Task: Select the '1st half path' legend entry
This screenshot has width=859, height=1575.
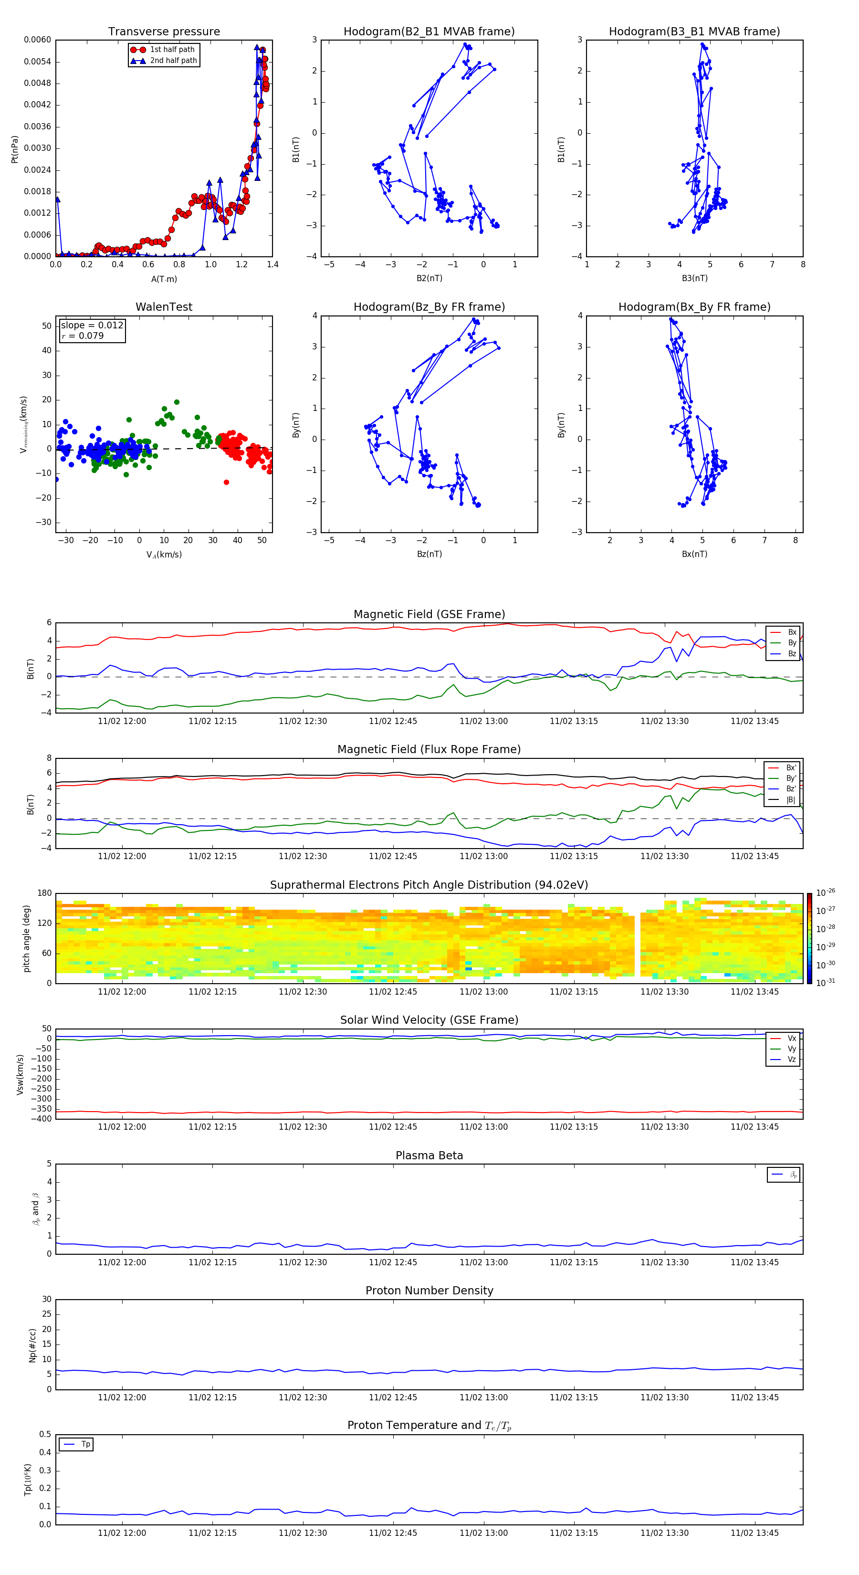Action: click(172, 50)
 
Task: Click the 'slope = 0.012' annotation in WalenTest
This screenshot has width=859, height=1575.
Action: click(92, 325)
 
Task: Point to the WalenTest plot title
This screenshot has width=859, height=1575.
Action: click(164, 307)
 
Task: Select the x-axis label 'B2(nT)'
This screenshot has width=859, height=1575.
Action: click(429, 278)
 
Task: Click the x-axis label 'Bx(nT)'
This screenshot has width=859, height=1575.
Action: click(694, 554)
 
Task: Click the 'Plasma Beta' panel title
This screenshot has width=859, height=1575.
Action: click(429, 1155)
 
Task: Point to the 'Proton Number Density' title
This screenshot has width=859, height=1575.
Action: click(429, 1291)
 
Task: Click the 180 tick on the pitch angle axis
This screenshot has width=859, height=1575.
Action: click(45, 893)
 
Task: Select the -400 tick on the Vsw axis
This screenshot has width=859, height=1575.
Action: click(41, 1119)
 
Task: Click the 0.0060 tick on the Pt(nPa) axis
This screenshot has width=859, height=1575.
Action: click(37, 40)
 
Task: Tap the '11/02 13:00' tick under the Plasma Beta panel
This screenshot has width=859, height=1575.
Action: click(483, 1262)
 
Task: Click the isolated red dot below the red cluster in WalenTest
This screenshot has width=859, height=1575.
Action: click(226, 483)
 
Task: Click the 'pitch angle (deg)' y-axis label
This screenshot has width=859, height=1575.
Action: click(26, 938)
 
